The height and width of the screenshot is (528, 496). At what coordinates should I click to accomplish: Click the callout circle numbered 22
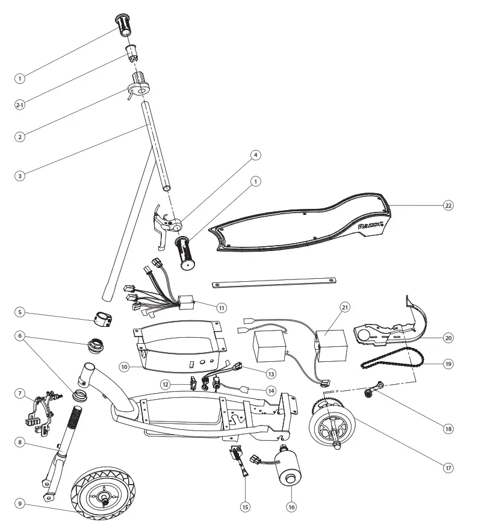pyautogui.click(x=447, y=205)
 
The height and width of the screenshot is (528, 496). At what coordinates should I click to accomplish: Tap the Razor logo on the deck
pyautogui.click(x=371, y=226)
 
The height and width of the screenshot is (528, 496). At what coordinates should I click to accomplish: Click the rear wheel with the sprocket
pyautogui.click(x=333, y=429)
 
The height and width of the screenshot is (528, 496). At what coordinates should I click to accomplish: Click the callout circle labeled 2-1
pyautogui.click(x=20, y=105)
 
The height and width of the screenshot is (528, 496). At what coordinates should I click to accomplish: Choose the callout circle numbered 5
pyautogui.click(x=20, y=312)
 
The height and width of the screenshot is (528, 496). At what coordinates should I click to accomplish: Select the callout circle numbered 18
pyautogui.click(x=447, y=429)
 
